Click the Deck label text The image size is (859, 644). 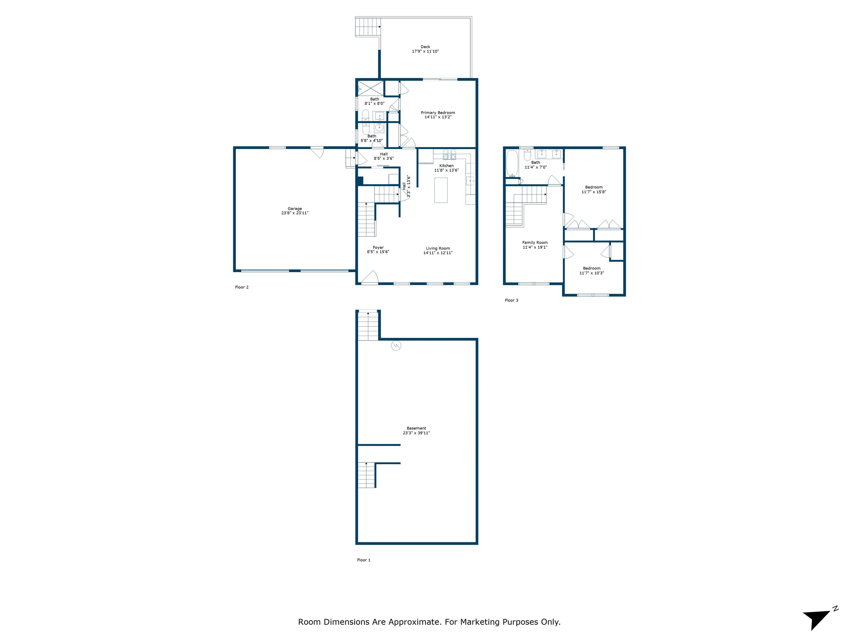click(425, 47)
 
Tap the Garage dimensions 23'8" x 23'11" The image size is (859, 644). click(295, 213)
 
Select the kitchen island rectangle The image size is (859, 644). click(441, 190)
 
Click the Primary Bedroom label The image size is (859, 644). click(438, 113)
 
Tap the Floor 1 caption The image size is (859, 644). click(364, 560)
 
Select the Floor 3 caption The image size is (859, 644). click(511, 300)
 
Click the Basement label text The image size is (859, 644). click(416, 428)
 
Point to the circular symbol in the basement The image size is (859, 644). click(396, 345)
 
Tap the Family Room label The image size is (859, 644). click(535, 242)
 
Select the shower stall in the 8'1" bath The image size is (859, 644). click(370, 88)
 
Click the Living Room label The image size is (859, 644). click(438, 248)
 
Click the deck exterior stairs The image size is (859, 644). click(367, 27)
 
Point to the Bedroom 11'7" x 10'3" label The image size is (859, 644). click(591, 268)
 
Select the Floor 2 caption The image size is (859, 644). click(242, 287)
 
